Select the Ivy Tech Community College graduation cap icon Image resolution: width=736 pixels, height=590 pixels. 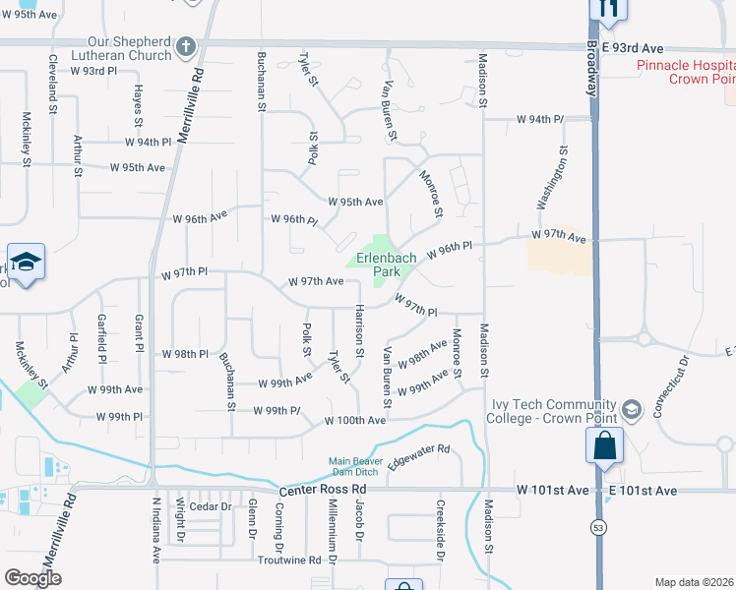[x=630, y=408]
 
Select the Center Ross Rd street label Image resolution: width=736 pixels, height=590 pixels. [x=323, y=489]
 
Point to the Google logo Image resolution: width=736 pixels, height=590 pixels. [x=32, y=578]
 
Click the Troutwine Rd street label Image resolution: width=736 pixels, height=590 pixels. [x=288, y=560]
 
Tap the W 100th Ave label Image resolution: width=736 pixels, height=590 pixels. [x=355, y=420]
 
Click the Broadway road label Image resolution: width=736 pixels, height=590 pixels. [x=593, y=68]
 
